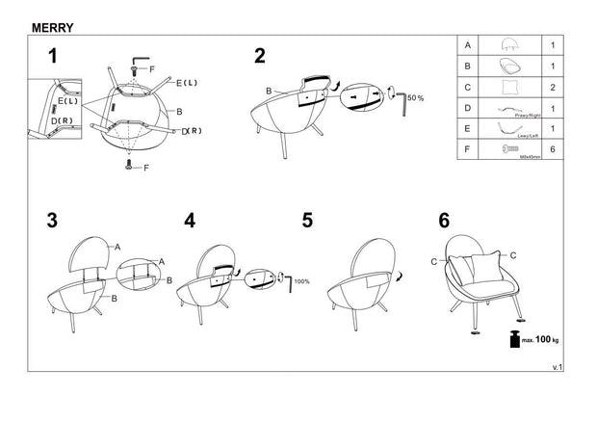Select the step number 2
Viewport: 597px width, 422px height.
[x=259, y=56]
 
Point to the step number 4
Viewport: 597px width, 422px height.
[x=190, y=221]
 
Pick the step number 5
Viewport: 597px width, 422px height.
[x=307, y=221]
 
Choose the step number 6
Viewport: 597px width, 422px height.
[x=444, y=221]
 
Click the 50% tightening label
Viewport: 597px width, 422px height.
[x=415, y=98]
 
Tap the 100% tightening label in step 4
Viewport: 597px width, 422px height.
[x=300, y=281]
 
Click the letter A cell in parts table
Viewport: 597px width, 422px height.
[x=468, y=45]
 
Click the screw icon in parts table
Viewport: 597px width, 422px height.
[x=510, y=147]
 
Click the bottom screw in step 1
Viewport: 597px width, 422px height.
[x=130, y=167]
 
